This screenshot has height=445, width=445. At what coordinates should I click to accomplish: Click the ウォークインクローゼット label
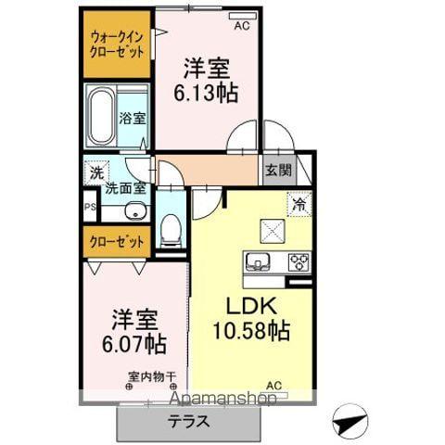pyautogui.click(x=116, y=44)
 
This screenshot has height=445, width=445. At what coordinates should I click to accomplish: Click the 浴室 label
pyautogui.click(x=132, y=119)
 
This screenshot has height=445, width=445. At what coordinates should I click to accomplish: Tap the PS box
pyautogui.click(x=90, y=208)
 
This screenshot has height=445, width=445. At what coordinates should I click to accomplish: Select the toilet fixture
pyautogui.click(x=170, y=230)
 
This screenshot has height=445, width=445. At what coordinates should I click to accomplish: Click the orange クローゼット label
pyautogui.click(x=117, y=242)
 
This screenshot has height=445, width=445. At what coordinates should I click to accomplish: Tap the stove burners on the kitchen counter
pyautogui.click(x=299, y=261)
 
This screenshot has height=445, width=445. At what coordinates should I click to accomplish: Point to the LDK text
pyautogui.click(x=249, y=305)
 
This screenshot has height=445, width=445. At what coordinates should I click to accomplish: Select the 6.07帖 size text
pyautogui.click(x=133, y=345)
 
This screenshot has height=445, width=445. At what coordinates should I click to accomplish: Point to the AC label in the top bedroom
pyautogui.click(x=242, y=26)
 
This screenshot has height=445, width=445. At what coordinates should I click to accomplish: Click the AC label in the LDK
pyautogui.click(x=274, y=385)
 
